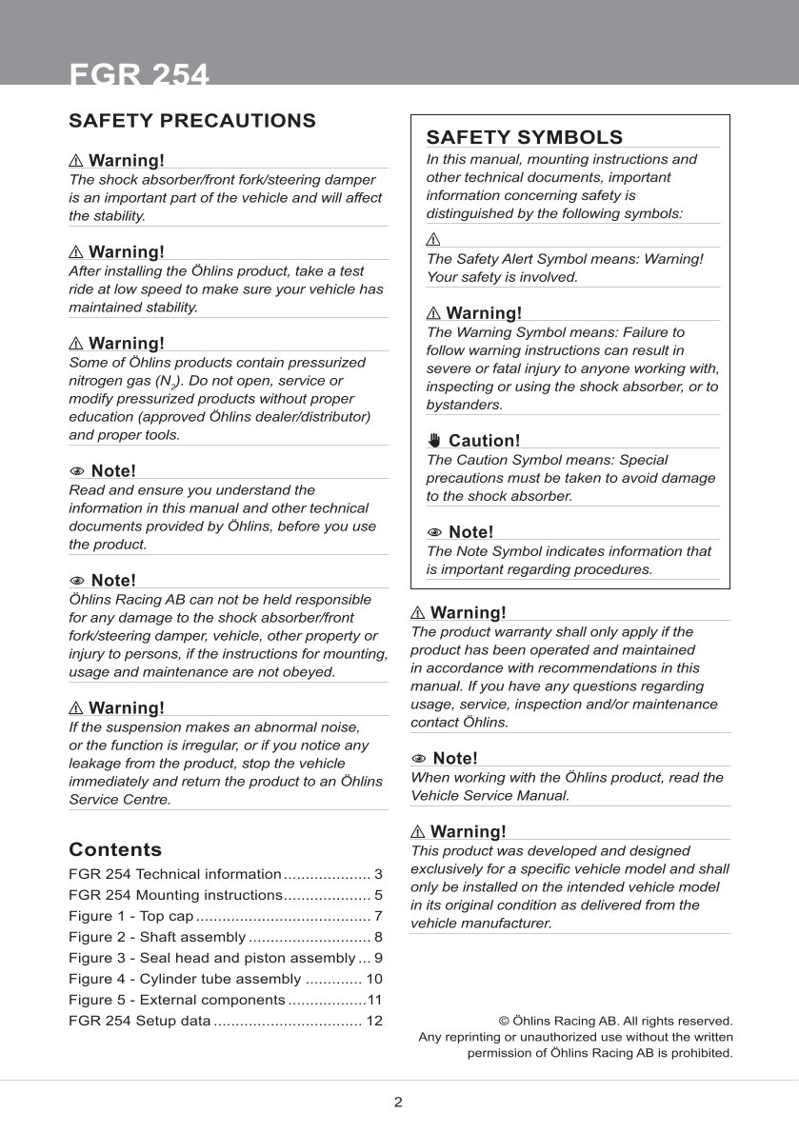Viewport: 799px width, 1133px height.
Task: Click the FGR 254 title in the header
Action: pyautogui.click(x=139, y=74)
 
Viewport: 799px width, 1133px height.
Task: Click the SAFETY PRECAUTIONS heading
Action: pyautogui.click(x=192, y=121)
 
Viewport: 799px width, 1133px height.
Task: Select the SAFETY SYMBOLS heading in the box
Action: pyautogui.click(x=525, y=137)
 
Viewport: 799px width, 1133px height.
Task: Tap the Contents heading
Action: pyautogui.click(x=115, y=849)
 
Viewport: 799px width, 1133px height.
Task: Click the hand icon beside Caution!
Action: pyautogui.click(x=434, y=441)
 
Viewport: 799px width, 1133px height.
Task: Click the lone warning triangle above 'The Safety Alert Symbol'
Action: pyautogui.click(x=433, y=239)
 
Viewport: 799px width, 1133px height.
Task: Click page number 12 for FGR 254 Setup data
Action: pyautogui.click(x=374, y=1021)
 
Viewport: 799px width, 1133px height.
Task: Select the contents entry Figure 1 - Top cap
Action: pyautogui.click(x=130, y=916)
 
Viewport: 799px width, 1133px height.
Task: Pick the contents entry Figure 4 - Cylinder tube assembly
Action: pyautogui.click(x=185, y=979)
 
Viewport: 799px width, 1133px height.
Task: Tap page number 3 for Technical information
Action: pyautogui.click(x=378, y=874)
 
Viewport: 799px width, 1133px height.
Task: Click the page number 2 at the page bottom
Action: pyautogui.click(x=398, y=1103)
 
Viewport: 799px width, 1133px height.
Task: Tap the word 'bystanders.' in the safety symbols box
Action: pyautogui.click(x=464, y=405)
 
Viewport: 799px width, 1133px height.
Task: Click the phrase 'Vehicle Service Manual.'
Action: pyautogui.click(x=489, y=795)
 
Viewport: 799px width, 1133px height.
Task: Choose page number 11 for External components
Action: pyautogui.click(x=374, y=1000)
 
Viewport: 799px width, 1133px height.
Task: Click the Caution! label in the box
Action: pyautogui.click(x=484, y=441)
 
